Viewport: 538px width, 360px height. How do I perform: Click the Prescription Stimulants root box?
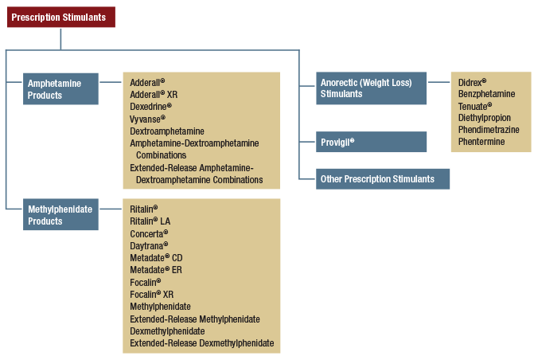[61, 17]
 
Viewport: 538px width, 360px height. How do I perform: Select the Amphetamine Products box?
[61, 89]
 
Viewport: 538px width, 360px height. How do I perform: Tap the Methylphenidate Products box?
[61, 215]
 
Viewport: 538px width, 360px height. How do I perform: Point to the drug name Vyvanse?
[147, 119]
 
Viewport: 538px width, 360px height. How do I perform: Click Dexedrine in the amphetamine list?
[150, 106]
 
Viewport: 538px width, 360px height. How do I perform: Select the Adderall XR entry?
[154, 94]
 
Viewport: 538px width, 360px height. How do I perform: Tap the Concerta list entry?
[149, 233]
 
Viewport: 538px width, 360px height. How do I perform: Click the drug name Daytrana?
[149, 246]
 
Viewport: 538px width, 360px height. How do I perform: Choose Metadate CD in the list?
[156, 258]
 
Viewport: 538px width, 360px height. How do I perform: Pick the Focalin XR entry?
[152, 295]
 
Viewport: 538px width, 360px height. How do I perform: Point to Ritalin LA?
[150, 221]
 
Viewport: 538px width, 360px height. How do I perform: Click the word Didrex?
[472, 81]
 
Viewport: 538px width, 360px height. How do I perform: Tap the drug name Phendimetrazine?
[489, 130]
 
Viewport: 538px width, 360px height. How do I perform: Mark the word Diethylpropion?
[485, 118]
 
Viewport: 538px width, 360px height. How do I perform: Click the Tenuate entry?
[475, 106]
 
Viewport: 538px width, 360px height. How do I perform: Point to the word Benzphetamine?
[486, 94]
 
